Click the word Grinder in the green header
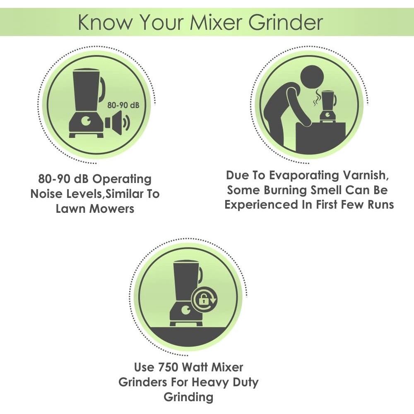tap(285, 22)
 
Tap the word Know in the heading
tap(105, 22)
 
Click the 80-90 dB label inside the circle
tap(123, 105)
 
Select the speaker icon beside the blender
tap(118, 123)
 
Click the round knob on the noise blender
tap(87, 121)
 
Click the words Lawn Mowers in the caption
tap(95, 209)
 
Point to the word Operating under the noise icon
tap(122, 180)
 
